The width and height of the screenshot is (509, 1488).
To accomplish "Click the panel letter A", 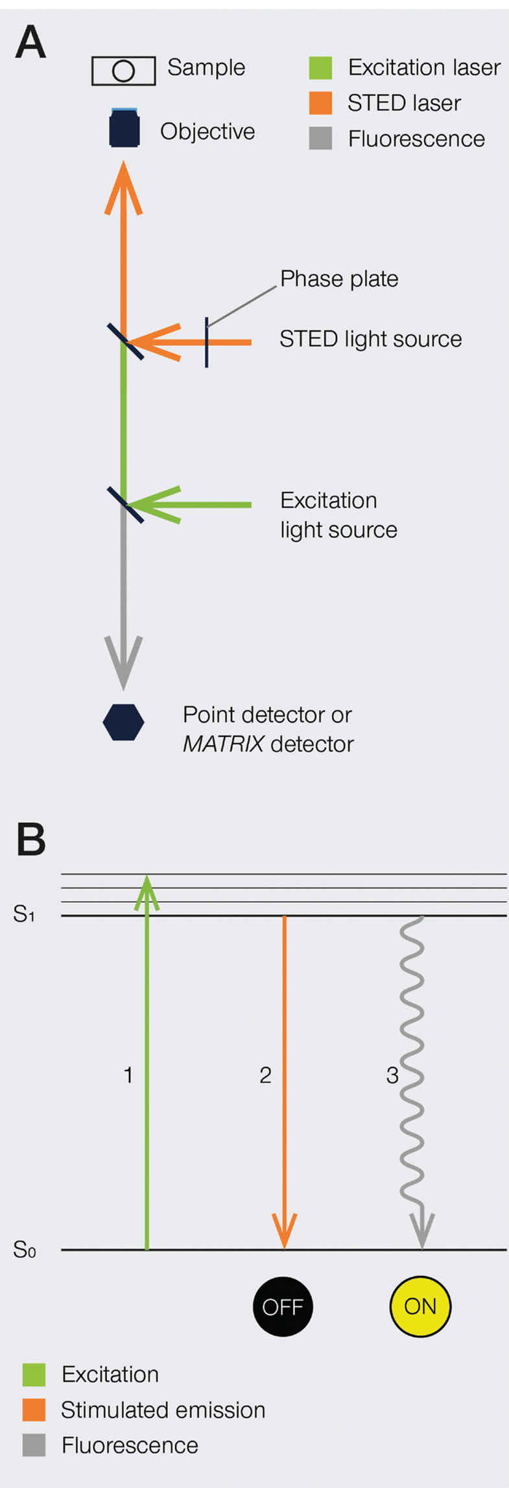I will click(30, 43).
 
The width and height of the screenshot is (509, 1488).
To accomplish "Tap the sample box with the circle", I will click(123, 71).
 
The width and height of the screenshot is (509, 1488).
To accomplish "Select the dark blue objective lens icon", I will click(124, 128).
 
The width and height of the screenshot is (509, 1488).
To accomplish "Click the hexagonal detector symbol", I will click(123, 722).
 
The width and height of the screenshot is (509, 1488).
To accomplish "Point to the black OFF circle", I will click(283, 1306).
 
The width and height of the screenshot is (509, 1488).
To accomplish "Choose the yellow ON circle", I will click(420, 1306).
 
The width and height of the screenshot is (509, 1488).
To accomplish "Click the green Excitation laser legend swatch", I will click(320, 67).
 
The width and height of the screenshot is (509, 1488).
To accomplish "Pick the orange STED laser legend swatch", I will click(320, 103).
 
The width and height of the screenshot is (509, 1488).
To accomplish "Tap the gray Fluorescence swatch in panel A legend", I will click(320, 139).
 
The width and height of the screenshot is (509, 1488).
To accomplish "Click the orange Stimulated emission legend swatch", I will click(34, 1410).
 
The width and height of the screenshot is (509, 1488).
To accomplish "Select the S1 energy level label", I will click(23, 914).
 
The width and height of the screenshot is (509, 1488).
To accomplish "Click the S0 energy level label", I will click(24, 1250).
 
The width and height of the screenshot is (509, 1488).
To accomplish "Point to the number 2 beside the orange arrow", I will click(265, 1076).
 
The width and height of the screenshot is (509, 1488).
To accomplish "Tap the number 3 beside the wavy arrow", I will click(392, 1076).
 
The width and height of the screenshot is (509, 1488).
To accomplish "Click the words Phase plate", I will click(339, 279).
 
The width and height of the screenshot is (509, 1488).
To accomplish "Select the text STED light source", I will click(370, 339).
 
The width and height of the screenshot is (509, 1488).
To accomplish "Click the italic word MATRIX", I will click(223, 744).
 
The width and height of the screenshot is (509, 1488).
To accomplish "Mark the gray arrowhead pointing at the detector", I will click(123, 661).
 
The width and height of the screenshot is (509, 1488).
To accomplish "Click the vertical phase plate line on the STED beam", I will click(207, 342).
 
